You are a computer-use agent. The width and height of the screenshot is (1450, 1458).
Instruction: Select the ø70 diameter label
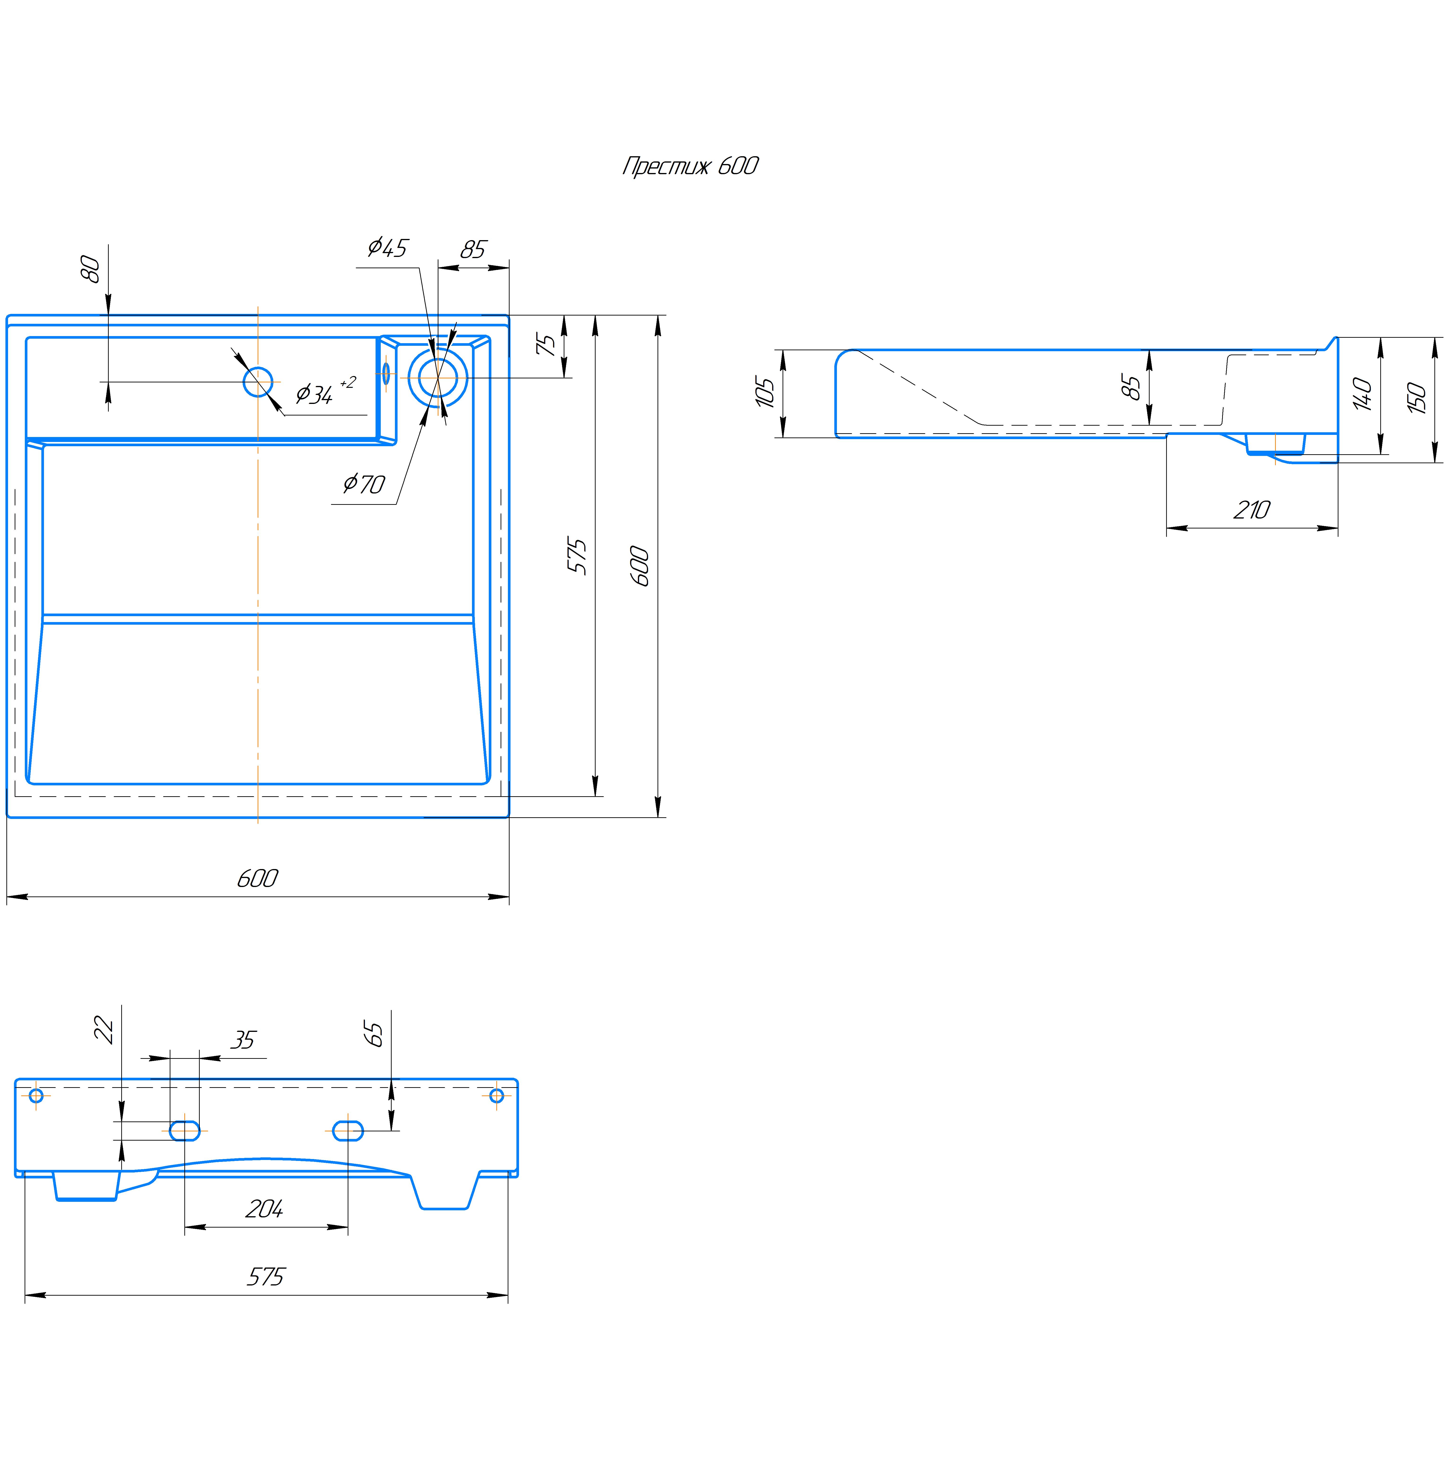pos(364,483)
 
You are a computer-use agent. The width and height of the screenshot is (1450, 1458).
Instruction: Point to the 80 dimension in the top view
pos(91,269)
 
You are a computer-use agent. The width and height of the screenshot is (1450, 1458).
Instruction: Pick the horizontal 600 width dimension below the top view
pos(257,878)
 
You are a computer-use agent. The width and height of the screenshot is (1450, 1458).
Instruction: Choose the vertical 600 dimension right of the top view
pos(639,566)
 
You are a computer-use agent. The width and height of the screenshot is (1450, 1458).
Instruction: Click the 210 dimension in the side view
pos(1251,510)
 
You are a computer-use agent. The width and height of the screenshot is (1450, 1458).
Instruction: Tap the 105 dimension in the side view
pos(765,392)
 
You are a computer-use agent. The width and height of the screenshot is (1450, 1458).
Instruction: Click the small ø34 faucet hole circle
pos(258,382)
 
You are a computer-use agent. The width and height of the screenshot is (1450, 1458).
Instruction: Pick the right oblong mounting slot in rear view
pos(348,1130)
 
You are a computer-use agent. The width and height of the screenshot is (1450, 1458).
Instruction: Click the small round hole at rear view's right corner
pos(497,1095)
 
